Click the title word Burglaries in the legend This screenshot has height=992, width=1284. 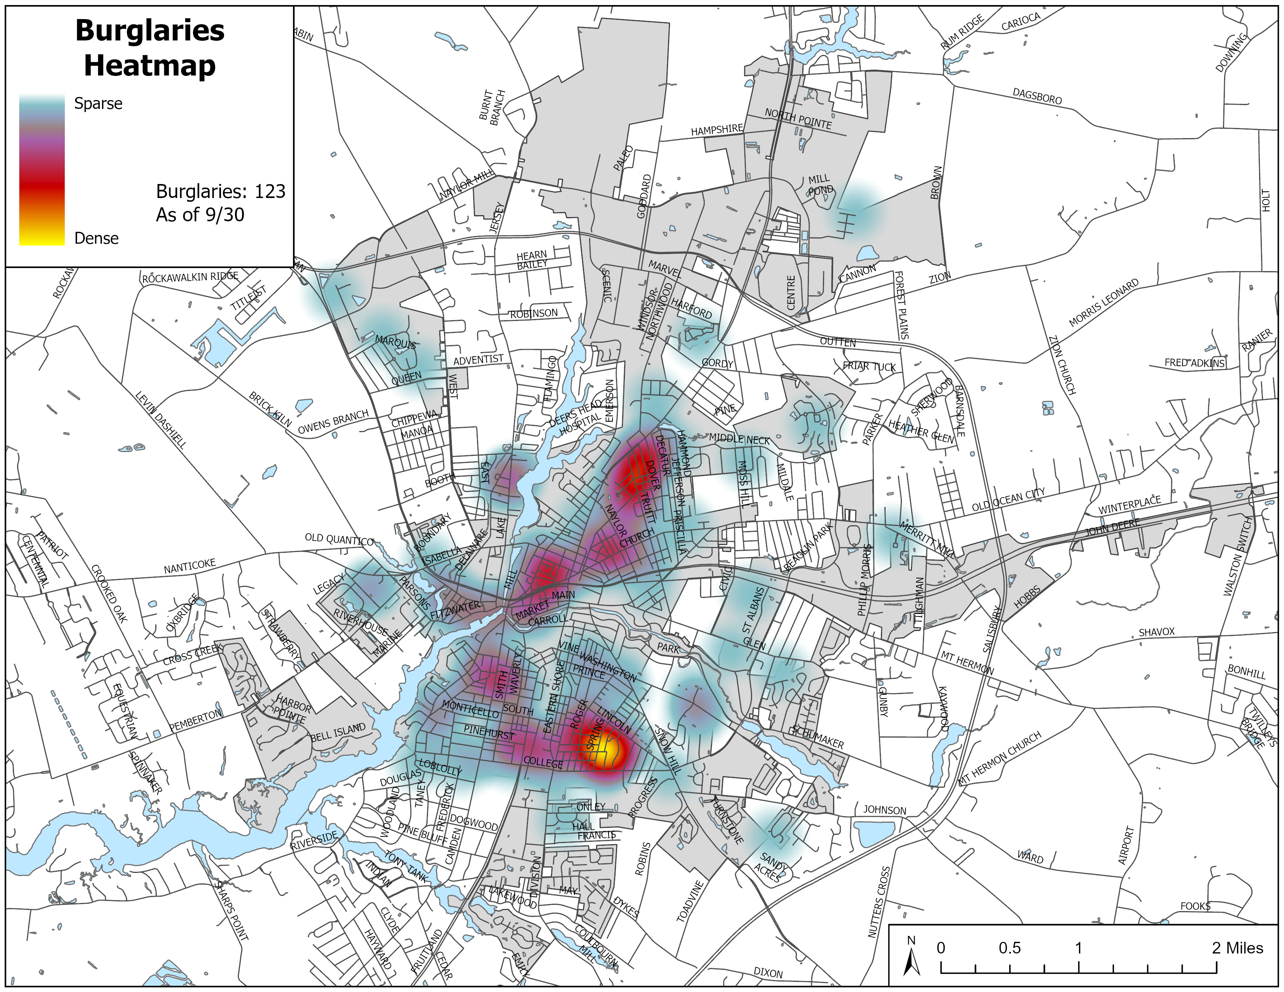pyautogui.click(x=150, y=31)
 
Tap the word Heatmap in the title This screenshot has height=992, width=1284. pyautogui.click(x=150, y=65)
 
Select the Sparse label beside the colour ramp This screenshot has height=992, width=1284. pyautogui.click(x=98, y=103)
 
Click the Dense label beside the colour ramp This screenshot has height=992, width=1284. pyautogui.click(x=96, y=238)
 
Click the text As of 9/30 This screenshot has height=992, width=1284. pyautogui.click(x=200, y=214)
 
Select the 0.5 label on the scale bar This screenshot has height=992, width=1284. pyautogui.click(x=1009, y=948)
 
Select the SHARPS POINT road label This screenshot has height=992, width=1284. pyautogui.click(x=232, y=910)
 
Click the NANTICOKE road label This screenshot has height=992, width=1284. pyautogui.click(x=189, y=566)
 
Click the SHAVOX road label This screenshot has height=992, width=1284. pyautogui.click(x=1156, y=632)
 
